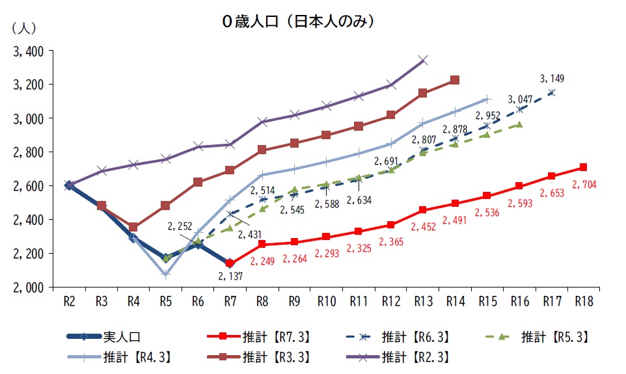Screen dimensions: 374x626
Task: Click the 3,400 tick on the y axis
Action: [x=27, y=51]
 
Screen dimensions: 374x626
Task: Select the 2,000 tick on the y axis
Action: [x=27, y=287]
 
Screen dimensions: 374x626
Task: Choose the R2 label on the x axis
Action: [x=70, y=301]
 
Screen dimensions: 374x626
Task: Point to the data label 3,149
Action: [x=552, y=79]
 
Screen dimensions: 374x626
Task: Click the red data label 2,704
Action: [x=584, y=184]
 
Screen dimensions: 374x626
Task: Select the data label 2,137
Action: [x=231, y=277]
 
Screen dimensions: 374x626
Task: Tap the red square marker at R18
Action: [x=582, y=167]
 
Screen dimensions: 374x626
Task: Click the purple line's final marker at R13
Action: [x=423, y=60]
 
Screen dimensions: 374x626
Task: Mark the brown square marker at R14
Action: [x=455, y=80]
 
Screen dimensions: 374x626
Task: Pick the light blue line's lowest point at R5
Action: [x=166, y=274]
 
